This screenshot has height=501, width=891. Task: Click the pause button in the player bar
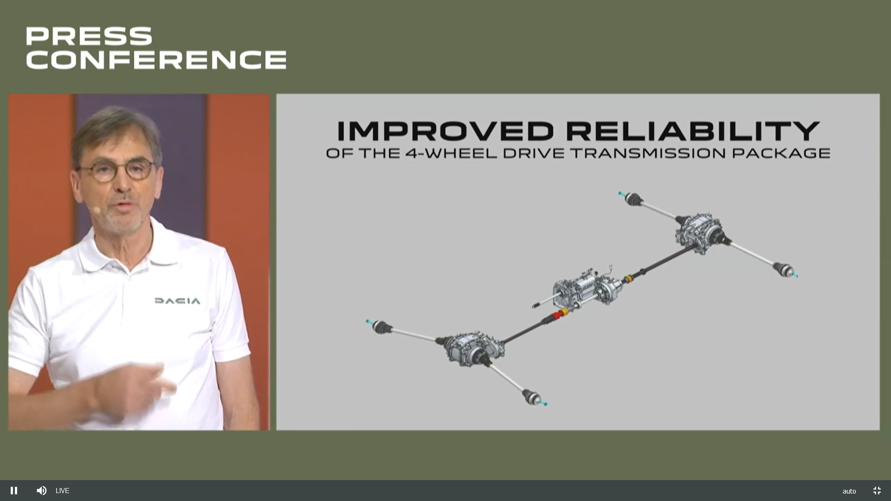coord(14,490)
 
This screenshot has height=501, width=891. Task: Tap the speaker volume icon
coord(41,490)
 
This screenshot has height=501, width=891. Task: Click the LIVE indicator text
coord(62,491)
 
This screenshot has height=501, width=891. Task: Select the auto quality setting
coord(849,491)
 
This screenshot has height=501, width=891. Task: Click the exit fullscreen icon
coord(877,490)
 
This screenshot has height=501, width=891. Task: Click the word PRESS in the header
coord(89,36)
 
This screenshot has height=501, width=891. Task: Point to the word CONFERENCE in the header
coord(156,59)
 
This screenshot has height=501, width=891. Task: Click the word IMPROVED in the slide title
coord(445,131)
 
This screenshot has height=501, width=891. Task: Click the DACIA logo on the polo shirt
coord(177,301)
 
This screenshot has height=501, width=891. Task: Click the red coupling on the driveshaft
coord(556,315)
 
